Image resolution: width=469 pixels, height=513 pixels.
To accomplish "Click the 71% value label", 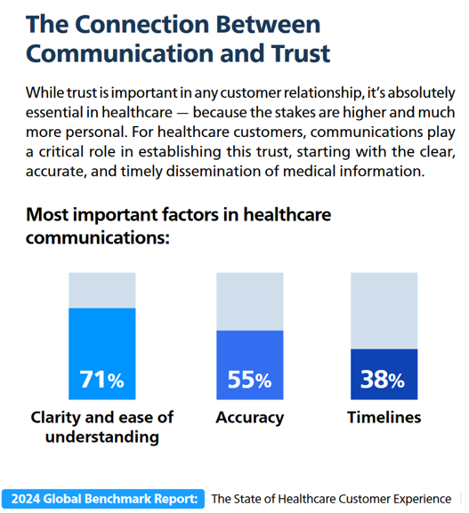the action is click(101, 379).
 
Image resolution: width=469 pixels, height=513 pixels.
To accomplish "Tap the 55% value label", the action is click(249, 380).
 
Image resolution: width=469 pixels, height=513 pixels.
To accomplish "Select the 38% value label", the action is click(383, 380).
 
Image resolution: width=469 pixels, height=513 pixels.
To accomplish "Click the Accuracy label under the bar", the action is click(250, 418).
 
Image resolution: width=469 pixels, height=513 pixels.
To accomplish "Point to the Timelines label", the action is click(384, 417).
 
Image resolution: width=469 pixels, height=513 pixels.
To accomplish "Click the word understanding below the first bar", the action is click(102, 437).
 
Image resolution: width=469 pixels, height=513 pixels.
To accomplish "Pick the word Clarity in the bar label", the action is click(55, 418).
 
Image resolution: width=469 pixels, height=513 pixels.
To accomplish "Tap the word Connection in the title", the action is click(142, 24).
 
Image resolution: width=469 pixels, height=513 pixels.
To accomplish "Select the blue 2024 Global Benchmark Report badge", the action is click(103, 499).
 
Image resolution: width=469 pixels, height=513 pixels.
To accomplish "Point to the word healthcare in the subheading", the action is click(287, 214).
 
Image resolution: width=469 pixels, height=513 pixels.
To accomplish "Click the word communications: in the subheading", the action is click(98, 237).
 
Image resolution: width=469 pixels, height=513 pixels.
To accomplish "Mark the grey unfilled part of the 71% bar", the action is click(101, 290).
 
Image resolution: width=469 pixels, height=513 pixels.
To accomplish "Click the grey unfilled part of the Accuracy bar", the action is click(249, 301).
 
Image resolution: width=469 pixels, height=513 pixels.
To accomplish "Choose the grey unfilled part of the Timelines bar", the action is click(384, 311).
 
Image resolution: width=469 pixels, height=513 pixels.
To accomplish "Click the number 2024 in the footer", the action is click(26, 499).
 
